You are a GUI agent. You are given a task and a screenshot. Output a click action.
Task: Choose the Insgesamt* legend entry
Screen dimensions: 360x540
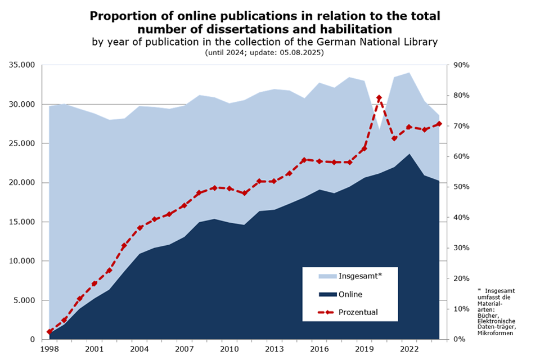(360, 276)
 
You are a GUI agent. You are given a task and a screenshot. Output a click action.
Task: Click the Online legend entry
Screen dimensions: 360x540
(350, 294)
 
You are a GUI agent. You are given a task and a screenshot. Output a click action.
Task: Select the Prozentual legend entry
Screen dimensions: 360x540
(358, 312)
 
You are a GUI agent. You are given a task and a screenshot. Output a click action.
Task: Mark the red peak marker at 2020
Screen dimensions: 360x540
(379, 98)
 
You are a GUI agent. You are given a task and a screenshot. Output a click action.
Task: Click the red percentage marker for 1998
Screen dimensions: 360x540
(49, 332)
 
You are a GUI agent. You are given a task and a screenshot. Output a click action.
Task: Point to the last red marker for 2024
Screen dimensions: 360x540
(439, 124)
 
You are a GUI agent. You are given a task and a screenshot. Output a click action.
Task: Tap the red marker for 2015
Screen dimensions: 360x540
(304, 160)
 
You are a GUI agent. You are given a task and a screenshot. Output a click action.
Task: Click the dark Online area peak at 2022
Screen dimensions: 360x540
(409, 155)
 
